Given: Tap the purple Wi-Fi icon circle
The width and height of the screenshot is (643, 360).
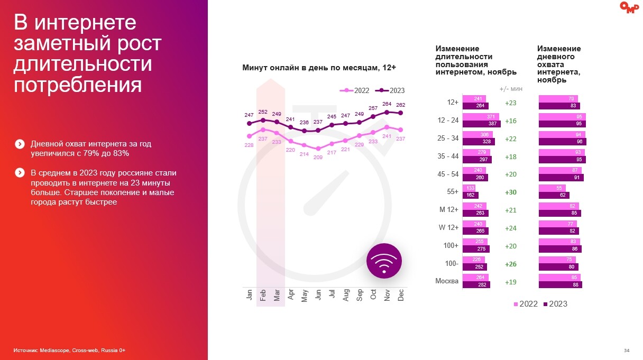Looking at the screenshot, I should coord(384,261).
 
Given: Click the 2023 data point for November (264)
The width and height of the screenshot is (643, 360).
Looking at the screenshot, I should coord(387,112).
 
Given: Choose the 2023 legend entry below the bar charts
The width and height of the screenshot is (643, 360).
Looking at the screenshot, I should coord(556,304).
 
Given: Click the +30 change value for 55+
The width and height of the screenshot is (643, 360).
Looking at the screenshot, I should coord(510,192).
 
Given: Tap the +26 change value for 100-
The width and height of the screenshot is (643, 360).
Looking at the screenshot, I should coord(510,264).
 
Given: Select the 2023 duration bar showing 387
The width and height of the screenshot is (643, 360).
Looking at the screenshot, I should coord(481,124).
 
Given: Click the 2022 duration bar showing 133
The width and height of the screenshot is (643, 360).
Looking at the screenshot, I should coord(469,188).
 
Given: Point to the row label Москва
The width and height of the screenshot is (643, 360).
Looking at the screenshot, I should coord(446,281).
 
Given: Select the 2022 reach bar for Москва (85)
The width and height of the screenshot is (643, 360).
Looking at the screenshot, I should coord(559,278).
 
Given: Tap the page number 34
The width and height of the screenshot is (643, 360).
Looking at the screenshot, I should coord(626,350).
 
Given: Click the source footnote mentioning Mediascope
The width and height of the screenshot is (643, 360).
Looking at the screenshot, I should coord(69,350).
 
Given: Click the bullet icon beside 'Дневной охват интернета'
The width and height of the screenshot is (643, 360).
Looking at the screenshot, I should coord(20,144).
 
